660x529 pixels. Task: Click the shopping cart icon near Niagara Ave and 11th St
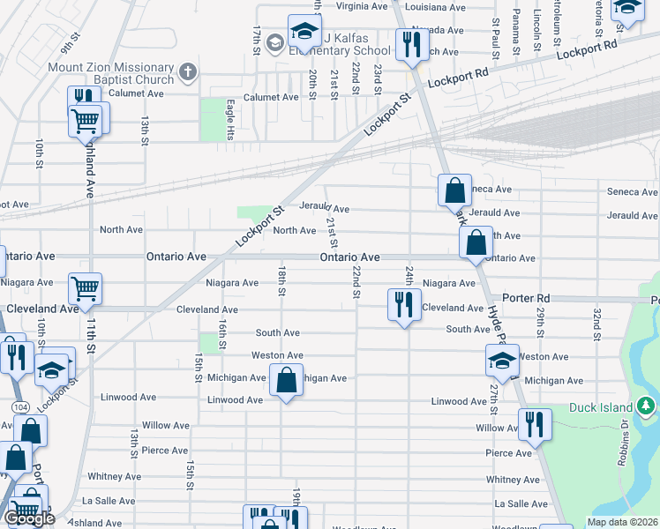(x=86, y=287)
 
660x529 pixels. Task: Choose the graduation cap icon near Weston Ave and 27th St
(x=502, y=360)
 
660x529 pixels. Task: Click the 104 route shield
(x=19, y=407)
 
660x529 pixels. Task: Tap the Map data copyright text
(x=622, y=522)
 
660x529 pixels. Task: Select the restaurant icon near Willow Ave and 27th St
(x=535, y=424)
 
